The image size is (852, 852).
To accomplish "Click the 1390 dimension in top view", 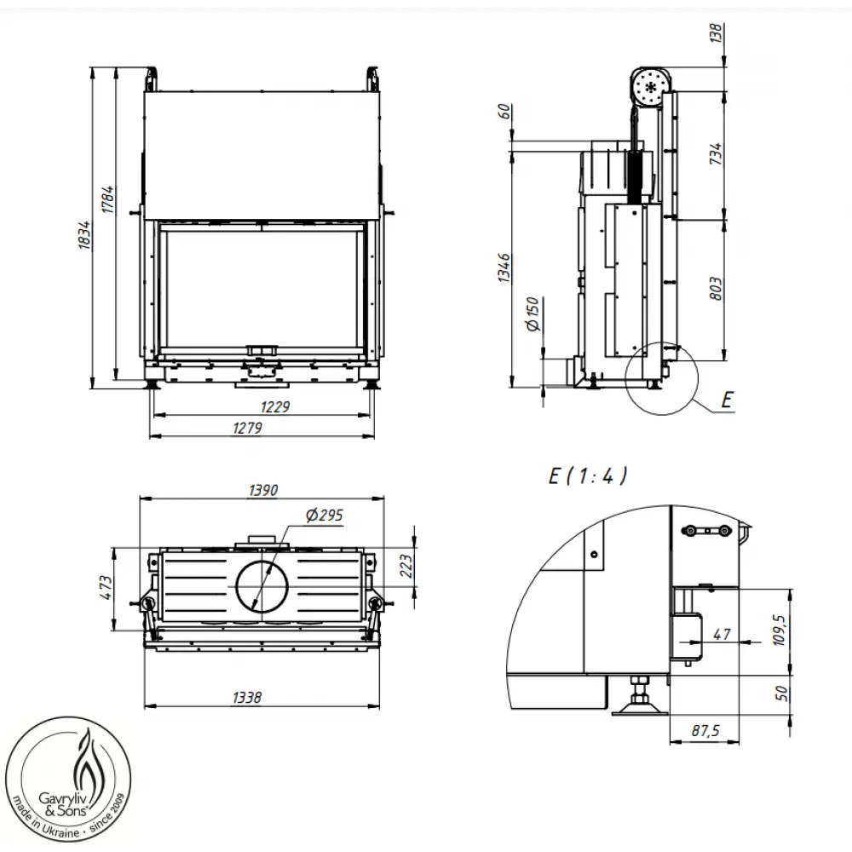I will coord(263,491).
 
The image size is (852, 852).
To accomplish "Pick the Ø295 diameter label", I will coord(323,515).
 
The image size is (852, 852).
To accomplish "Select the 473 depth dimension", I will coord(106,587).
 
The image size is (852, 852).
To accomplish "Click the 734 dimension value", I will coord(716,153).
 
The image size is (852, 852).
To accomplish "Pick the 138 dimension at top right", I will coord(716,32).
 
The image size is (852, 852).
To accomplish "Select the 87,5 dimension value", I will coord(706,731).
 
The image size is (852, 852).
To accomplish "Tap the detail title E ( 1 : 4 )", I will coord(587,476).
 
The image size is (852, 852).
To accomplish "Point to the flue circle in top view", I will coord(262,587).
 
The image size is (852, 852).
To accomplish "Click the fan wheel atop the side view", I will coord(653,86).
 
